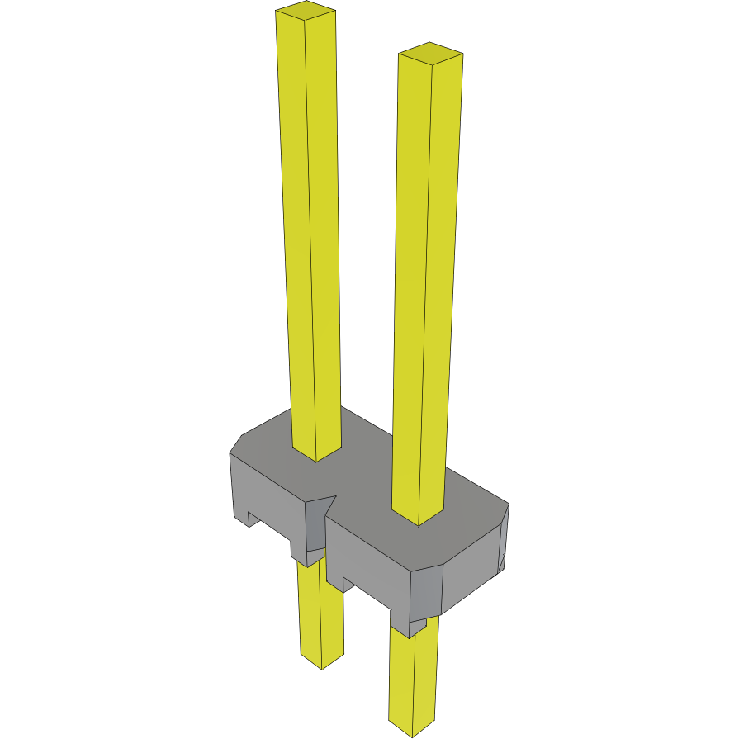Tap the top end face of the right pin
(x=430, y=53)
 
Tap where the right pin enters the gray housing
(x=419, y=516)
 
